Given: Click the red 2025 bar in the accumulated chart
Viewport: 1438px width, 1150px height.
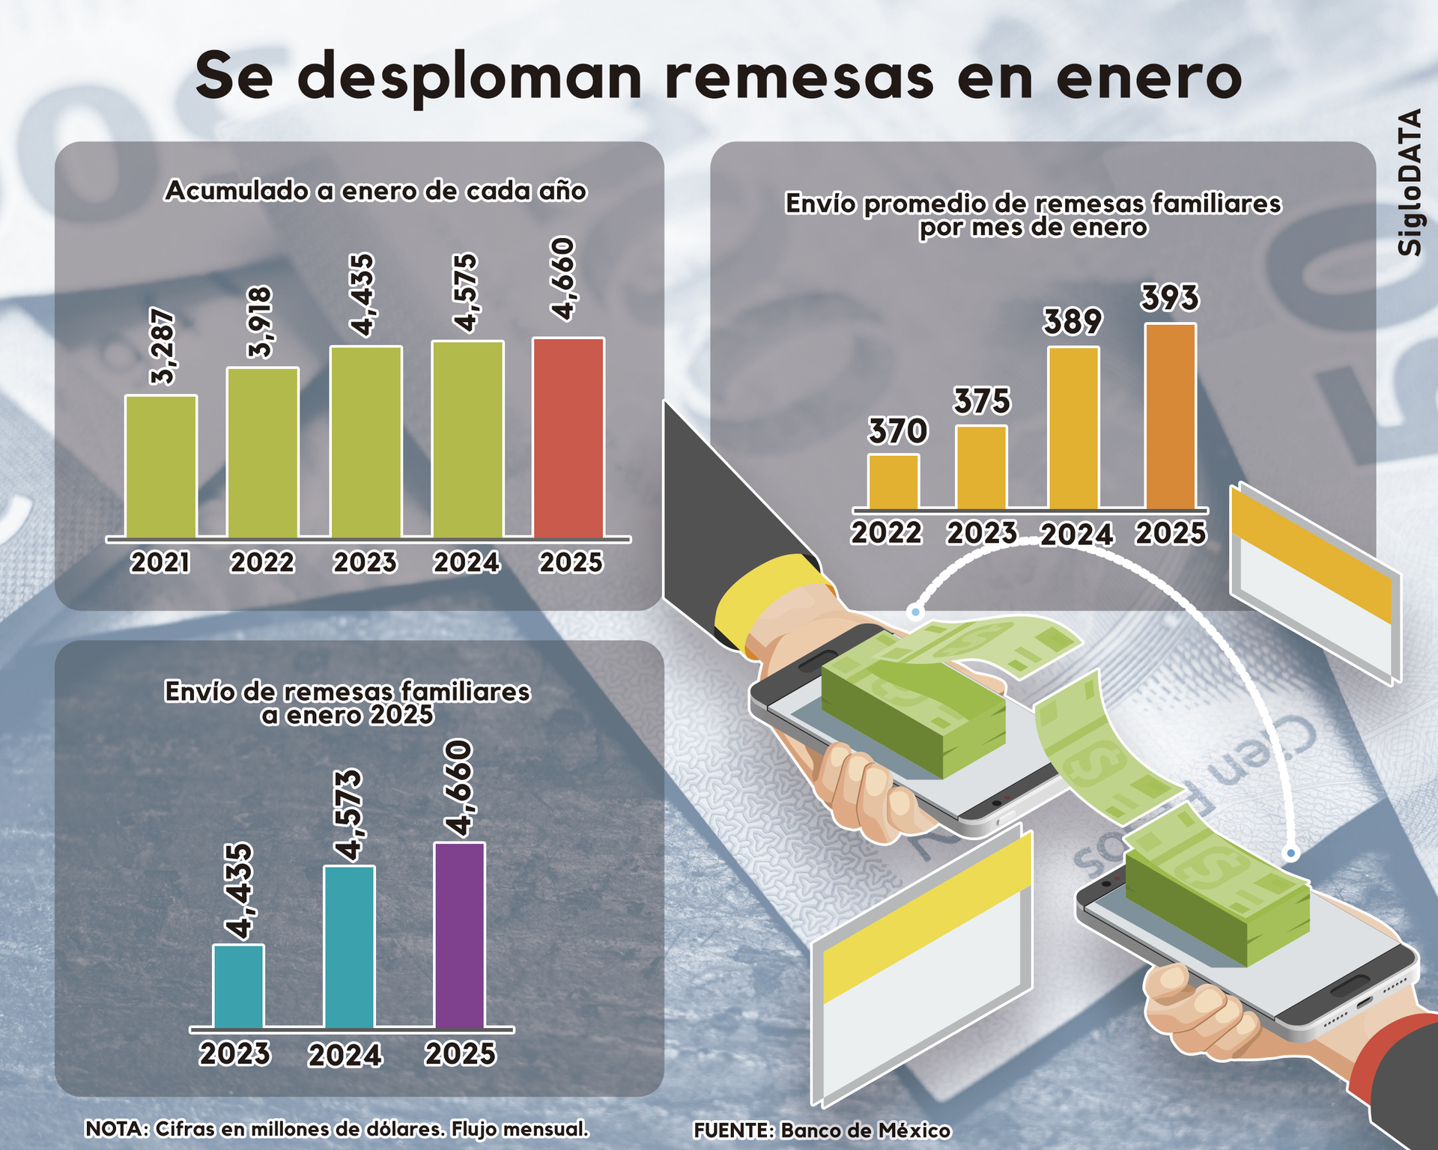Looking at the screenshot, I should (x=568, y=438).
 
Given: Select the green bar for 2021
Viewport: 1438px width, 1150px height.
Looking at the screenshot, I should (x=161, y=466).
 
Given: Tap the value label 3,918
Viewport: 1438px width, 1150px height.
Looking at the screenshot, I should (x=261, y=322).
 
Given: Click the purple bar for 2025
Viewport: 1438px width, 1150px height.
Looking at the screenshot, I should (x=459, y=935).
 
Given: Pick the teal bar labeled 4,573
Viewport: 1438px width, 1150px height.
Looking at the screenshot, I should (x=349, y=947).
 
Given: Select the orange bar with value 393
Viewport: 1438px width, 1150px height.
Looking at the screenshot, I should (x=1171, y=416).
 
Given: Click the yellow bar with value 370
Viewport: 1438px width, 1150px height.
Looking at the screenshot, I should (x=893, y=481).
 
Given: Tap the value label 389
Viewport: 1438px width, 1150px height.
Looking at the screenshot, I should (x=1073, y=322).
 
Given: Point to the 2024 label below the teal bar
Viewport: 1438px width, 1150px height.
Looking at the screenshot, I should (x=345, y=1056).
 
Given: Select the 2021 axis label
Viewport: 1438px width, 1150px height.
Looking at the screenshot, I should (x=160, y=562).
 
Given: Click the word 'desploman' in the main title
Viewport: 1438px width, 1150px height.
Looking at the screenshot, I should (x=475, y=77).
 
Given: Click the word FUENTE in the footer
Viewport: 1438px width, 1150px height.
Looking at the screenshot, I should (x=732, y=1131).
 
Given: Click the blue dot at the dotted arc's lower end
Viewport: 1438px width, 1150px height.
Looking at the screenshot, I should (x=1290, y=854).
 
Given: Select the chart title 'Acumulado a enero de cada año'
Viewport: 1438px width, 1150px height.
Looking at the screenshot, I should (x=375, y=191).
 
